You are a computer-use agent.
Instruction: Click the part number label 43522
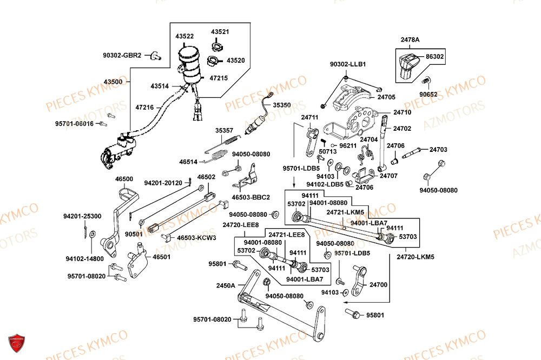184,36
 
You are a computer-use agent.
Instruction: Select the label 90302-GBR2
122,55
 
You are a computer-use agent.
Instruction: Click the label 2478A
410,39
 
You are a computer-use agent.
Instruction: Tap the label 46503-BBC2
250,197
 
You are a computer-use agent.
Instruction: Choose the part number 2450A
226,285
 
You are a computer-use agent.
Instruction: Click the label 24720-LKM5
415,257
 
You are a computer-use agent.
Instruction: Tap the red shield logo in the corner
17,343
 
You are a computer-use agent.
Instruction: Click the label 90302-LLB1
348,64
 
